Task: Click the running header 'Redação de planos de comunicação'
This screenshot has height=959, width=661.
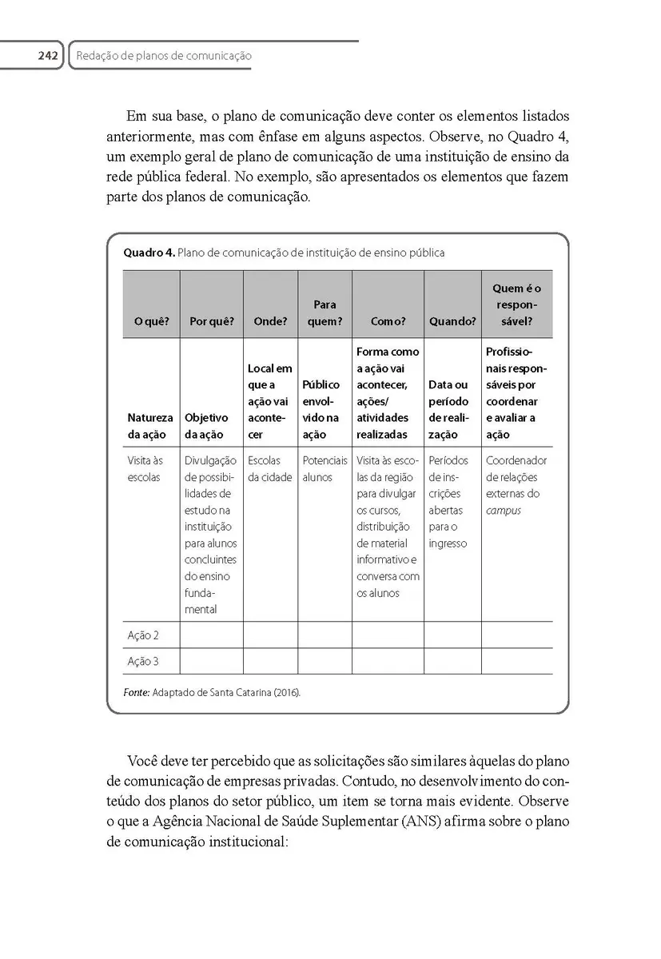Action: (164, 56)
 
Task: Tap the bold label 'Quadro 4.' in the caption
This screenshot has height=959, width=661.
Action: (149, 253)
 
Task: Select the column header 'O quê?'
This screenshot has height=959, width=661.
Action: (151, 321)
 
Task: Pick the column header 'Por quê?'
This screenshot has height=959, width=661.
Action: (211, 321)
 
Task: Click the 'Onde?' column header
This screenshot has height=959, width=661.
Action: (270, 321)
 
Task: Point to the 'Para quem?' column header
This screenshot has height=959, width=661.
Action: (325, 313)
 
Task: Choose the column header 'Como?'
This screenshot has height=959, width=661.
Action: (388, 321)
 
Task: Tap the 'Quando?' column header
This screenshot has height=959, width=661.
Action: (452, 321)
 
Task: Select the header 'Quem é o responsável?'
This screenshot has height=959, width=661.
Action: (516, 304)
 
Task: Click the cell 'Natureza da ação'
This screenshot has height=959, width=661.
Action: (149, 426)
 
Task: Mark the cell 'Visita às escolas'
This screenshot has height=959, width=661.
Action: (145, 469)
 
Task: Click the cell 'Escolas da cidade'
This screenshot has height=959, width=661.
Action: (270, 469)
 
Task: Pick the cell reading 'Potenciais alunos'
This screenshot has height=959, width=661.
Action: (325, 469)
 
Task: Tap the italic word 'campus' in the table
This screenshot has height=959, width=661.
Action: (503, 510)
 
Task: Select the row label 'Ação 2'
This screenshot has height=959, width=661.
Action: (143, 635)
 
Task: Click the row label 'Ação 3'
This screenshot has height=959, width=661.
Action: (143, 662)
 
